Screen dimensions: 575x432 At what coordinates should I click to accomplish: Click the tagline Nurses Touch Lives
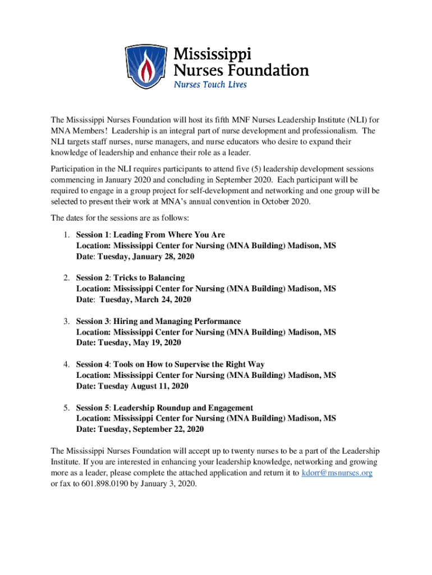point(210,85)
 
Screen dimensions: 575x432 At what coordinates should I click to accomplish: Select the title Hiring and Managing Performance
point(177,321)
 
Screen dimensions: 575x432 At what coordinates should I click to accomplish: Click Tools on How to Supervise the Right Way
point(189,364)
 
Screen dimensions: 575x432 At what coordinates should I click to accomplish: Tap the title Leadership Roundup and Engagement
point(183,408)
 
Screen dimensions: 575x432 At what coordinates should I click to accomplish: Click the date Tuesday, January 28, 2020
point(146,256)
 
